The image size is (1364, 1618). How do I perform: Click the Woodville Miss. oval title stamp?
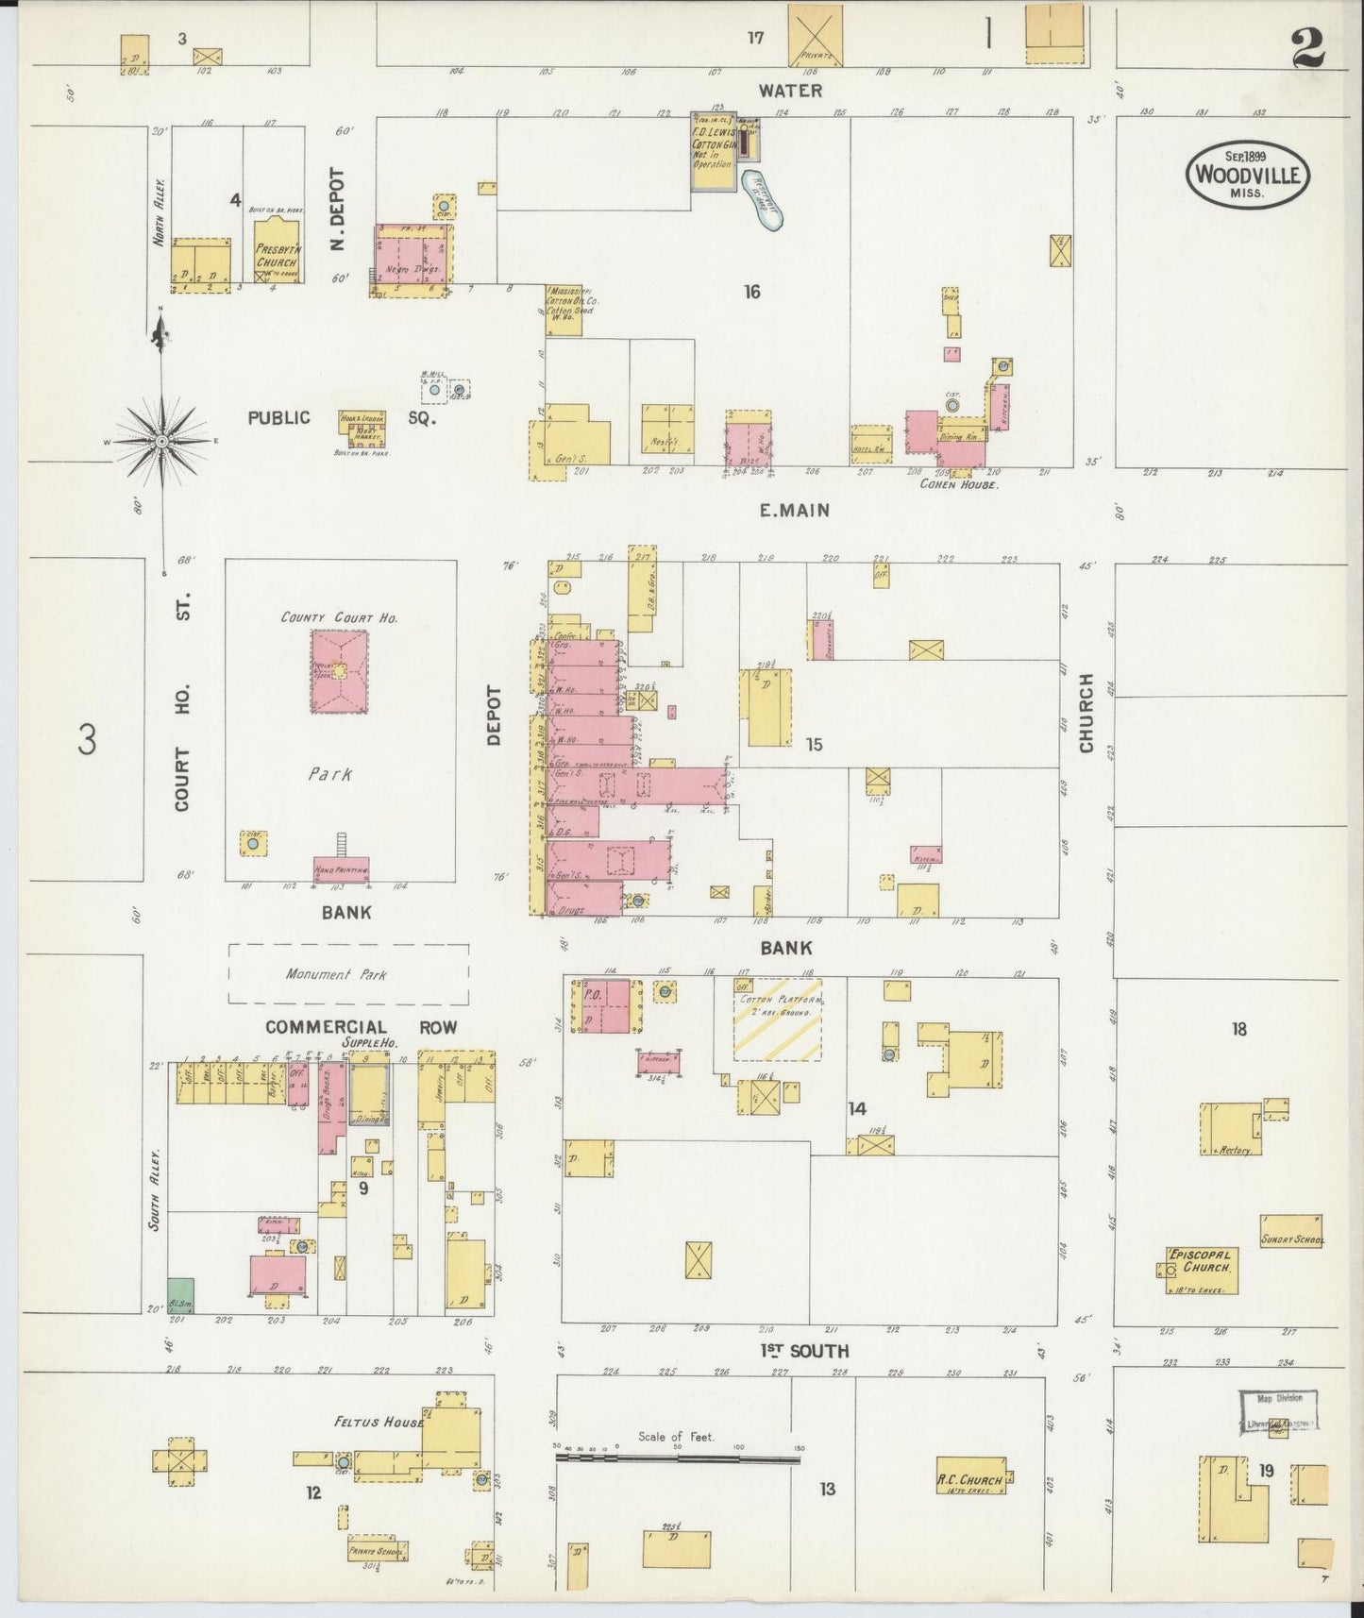click(1247, 175)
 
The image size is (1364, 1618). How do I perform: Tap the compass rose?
click(162, 441)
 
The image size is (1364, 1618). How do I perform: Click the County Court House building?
click(339, 671)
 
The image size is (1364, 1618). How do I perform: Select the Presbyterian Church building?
click(278, 253)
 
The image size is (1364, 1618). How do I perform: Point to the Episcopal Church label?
click(1200, 1260)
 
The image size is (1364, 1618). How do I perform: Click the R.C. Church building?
click(969, 1478)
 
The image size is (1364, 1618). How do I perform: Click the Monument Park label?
click(336, 974)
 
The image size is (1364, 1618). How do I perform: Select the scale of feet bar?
click(678, 1458)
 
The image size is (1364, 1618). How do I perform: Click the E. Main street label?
click(795, 511)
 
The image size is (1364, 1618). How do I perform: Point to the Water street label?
click(791, 91)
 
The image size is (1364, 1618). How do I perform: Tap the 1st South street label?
click(804, 1351)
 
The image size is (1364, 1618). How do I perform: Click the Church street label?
click(1086, 713)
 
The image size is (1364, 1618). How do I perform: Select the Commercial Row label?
click(361, 1027)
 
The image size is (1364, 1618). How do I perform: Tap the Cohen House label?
click(959, 483)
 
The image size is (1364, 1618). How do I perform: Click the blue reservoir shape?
click(763, 200)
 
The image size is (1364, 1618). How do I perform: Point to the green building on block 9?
click(180, 1294)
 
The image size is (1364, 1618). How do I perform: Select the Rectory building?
click(1231, 1129)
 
